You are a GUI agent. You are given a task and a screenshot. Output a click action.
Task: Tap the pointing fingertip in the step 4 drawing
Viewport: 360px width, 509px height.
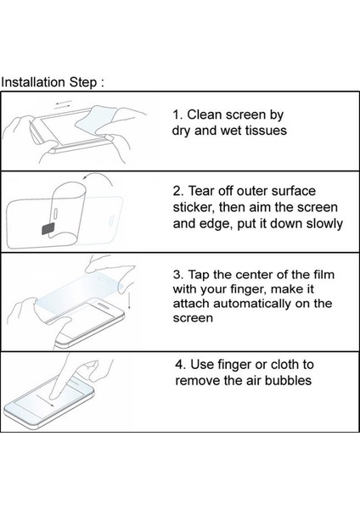(60, 400)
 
